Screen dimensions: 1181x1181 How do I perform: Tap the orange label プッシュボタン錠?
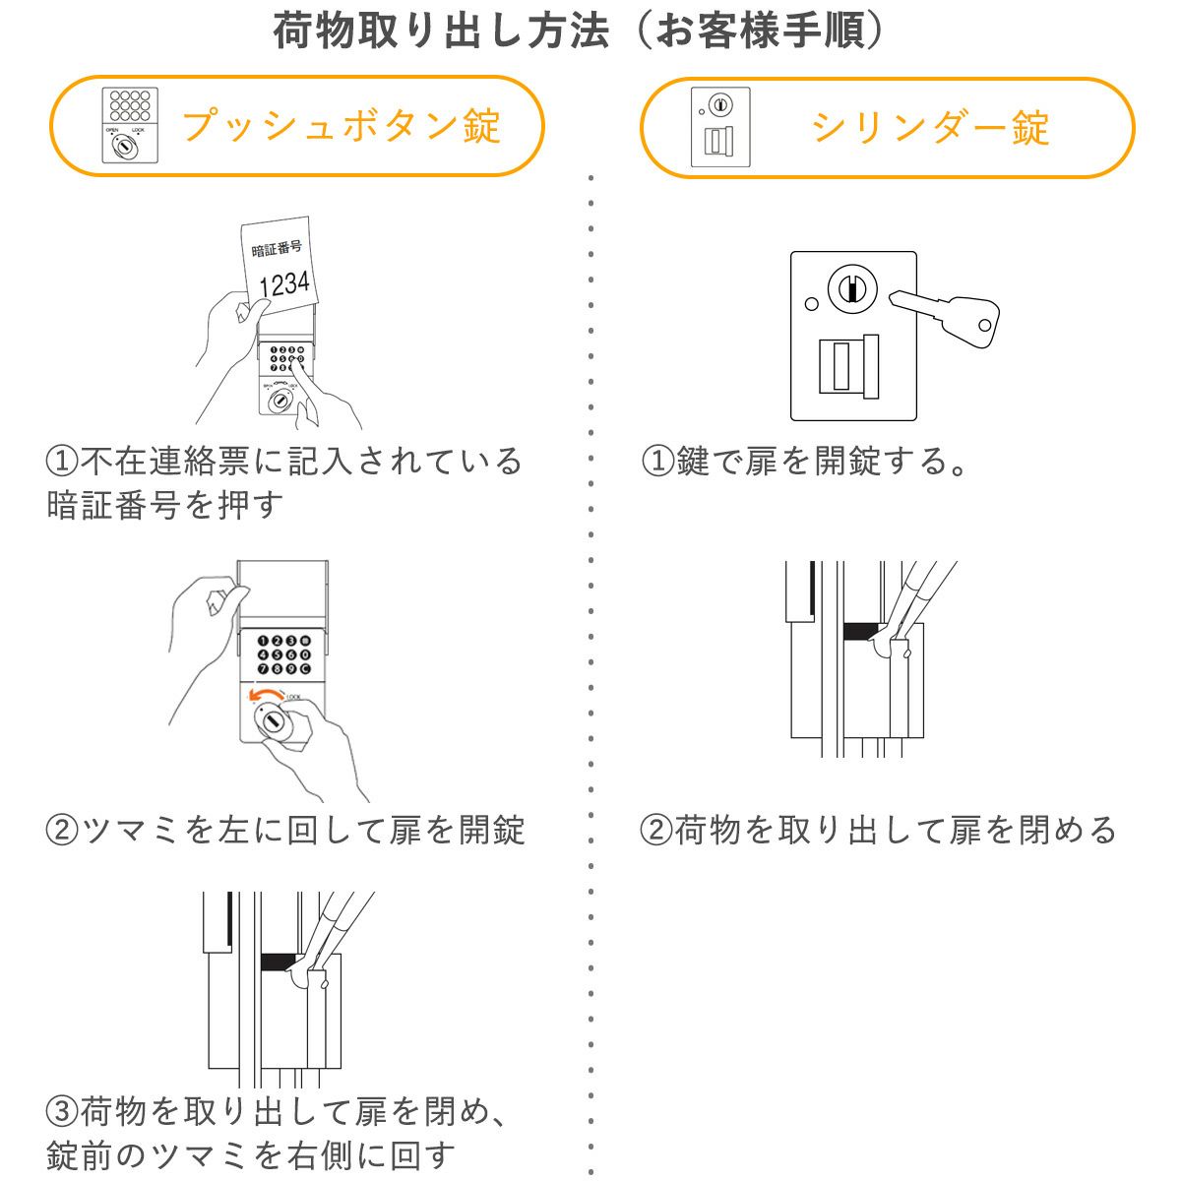[342, 127]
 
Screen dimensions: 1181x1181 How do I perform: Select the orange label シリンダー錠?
[930, 128]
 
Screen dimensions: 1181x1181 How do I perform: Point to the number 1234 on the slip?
[283, 283]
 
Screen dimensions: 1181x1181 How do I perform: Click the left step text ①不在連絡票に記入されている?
[285, 460]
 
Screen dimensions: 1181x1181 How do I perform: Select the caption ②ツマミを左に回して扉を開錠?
[285, 830]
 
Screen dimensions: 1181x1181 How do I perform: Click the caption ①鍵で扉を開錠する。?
[805, 460]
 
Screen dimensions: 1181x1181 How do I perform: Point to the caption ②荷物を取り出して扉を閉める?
[879, 830]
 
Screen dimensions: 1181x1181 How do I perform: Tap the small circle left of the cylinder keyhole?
[810, 304]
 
